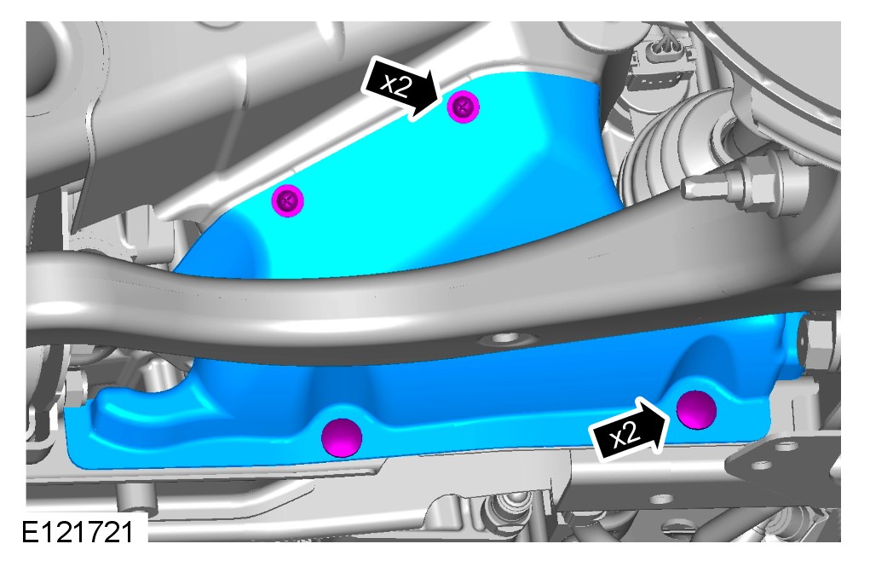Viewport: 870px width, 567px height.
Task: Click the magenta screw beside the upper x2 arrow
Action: (464, 107)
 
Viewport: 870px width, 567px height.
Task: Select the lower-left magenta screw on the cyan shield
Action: (287, 200)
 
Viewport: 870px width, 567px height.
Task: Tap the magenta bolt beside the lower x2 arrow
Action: (696, 410)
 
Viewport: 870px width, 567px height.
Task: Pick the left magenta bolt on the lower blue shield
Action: (342, 437)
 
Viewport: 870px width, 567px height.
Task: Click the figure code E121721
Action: (78, 532)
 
